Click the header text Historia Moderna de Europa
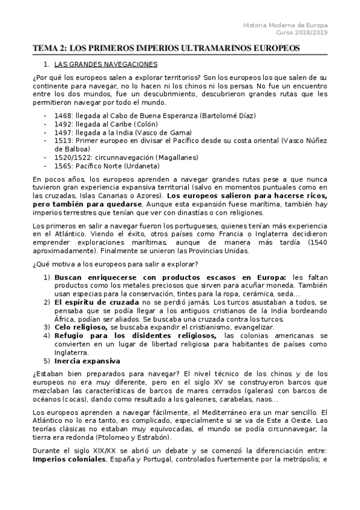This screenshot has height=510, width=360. (285, 25)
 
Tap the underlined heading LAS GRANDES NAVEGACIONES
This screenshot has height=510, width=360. (106, 63)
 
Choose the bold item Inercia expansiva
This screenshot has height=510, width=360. (87, 360)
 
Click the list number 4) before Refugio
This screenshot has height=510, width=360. (46, 336)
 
